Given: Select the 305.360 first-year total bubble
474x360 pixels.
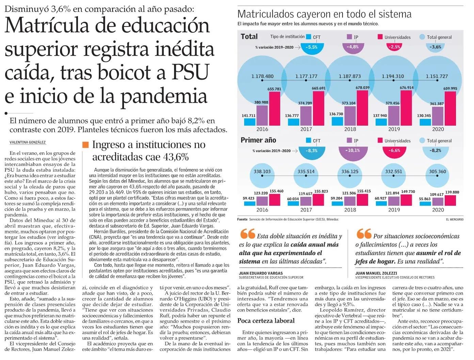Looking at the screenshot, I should pos(438,172).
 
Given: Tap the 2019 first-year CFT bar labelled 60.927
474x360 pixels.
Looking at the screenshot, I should pos(381,203).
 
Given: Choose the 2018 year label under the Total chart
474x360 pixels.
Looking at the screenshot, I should pos(350,129).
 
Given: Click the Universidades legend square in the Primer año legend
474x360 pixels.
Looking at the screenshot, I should pos(380,140).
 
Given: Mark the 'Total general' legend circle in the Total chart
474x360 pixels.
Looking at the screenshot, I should pos(423,37).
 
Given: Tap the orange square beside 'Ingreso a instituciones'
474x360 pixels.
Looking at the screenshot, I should pos(85,145).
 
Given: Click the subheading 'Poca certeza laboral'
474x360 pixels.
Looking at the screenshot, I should pos(266,320).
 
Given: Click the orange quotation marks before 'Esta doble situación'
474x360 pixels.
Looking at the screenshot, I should pos(247,234).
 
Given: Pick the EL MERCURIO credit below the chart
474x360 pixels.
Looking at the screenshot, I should pos(455,220).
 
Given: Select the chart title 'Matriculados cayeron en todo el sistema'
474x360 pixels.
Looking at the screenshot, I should pos(324,14).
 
